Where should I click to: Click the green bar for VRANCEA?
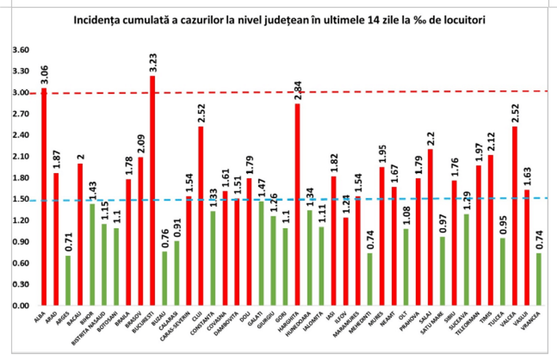(539, 279)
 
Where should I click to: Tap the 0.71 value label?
(68, 244)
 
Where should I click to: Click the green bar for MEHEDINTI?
(370, 279)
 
